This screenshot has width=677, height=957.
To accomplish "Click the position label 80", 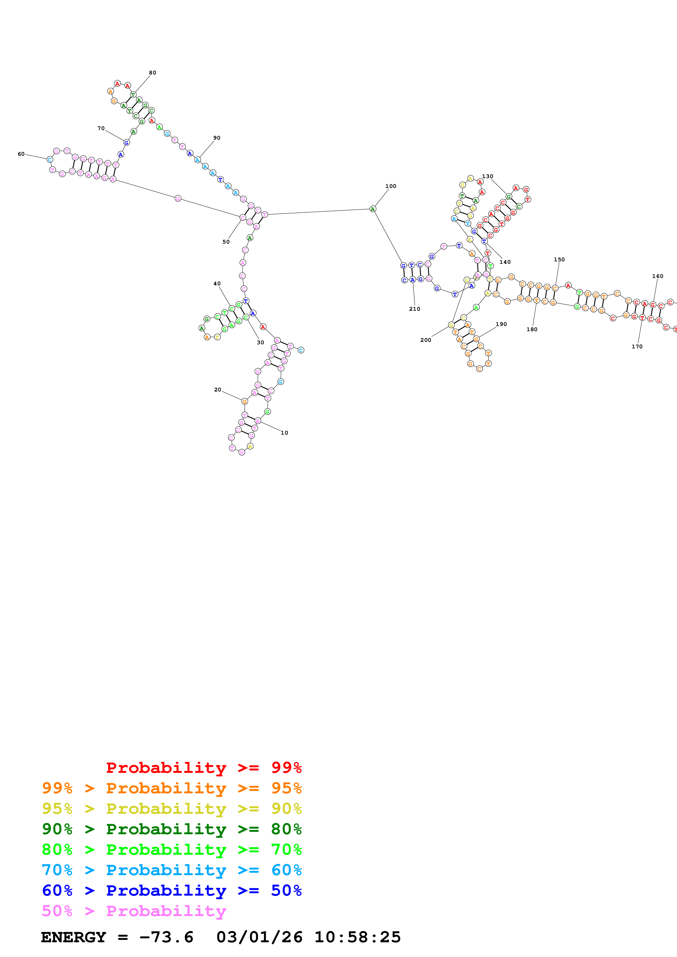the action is [153, 73].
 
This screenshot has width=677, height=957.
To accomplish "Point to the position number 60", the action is [21, 154].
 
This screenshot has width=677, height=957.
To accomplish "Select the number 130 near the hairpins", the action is [487, 176].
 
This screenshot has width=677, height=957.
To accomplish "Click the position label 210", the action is [415, 309].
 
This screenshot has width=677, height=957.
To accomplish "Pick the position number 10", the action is [285, 433].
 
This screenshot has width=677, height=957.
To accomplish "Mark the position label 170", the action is [637, 346].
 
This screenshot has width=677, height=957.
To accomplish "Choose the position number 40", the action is [217, 283].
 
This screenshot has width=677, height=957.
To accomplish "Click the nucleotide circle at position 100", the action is [373, 209].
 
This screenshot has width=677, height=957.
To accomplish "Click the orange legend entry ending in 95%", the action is [172, 788].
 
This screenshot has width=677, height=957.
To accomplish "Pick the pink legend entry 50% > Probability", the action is [134, 911].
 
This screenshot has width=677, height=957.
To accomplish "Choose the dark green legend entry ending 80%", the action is [172, 829].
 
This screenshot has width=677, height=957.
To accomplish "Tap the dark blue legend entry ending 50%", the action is [172, 890].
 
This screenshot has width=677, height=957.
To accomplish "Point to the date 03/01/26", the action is [259, 937].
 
